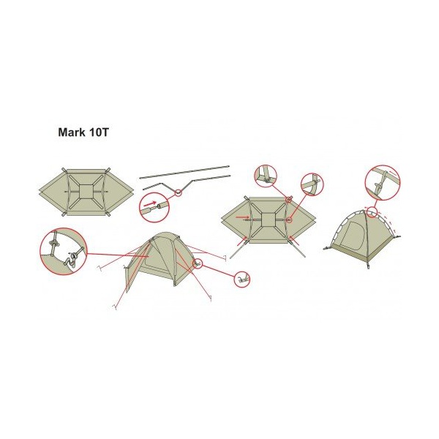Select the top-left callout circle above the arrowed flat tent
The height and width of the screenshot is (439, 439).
point(266,176)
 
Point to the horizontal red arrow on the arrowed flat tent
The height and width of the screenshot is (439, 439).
point(236,217)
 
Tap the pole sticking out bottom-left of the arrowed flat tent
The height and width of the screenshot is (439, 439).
point(238,250)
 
